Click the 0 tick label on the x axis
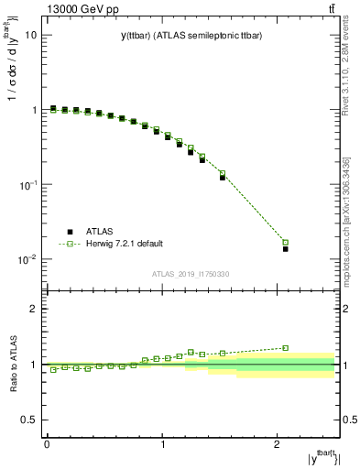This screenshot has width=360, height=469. (x=47, y=443)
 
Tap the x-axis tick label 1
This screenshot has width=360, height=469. (x=162, y=443)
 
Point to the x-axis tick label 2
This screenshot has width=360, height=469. (x=278, y=443)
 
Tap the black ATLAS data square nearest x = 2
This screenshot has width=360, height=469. (x=286, y=249)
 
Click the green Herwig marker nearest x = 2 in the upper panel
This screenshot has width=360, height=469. (x=286, y=243)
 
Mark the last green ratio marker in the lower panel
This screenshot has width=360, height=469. (x=286, y=348)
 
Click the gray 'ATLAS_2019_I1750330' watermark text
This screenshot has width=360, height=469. (x=191, y=274)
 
